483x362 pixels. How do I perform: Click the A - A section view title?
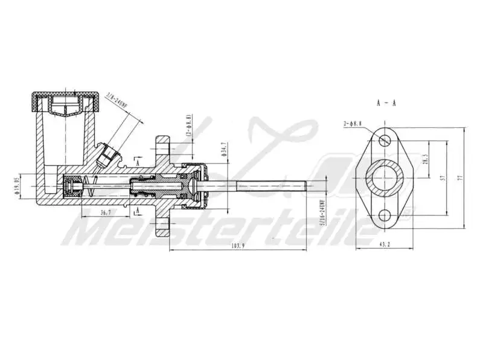[386, 103]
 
